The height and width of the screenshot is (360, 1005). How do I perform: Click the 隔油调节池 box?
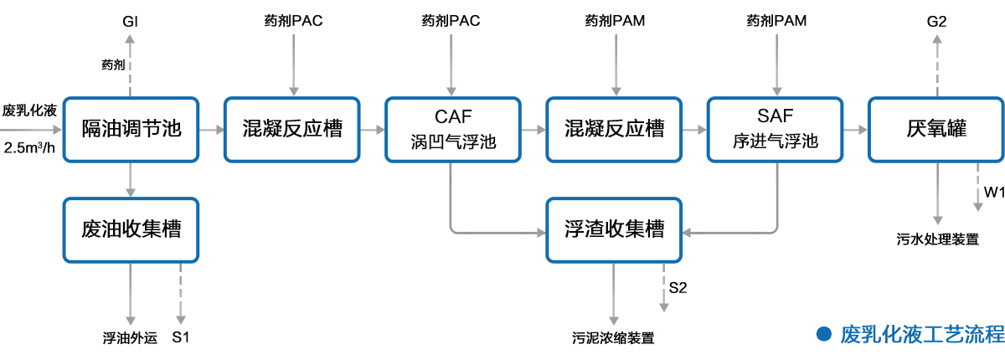coord(130,129)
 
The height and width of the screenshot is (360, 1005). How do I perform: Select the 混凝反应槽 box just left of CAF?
coord(291,129)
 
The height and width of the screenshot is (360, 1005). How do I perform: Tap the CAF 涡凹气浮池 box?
coord(453,129)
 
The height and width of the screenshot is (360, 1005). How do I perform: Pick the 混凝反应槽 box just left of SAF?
coord(614,129)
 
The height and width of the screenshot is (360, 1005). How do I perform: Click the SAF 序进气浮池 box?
coord(775,129)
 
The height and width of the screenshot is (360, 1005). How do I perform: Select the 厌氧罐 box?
coord(936,129)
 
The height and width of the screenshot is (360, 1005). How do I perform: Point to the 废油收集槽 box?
coord(130,229)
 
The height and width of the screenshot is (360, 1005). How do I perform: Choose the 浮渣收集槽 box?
coord(614,229)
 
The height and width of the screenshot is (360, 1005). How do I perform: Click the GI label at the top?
coord(130,22)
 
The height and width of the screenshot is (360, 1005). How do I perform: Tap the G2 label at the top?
coord(936,22)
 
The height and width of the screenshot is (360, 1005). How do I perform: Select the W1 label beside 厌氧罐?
coord(993,193)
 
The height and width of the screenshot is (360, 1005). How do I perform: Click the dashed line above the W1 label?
coord(978,186)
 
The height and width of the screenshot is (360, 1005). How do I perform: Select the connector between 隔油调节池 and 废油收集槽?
coord(129,178)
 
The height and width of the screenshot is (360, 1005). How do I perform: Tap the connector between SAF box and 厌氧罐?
coord(853,130)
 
